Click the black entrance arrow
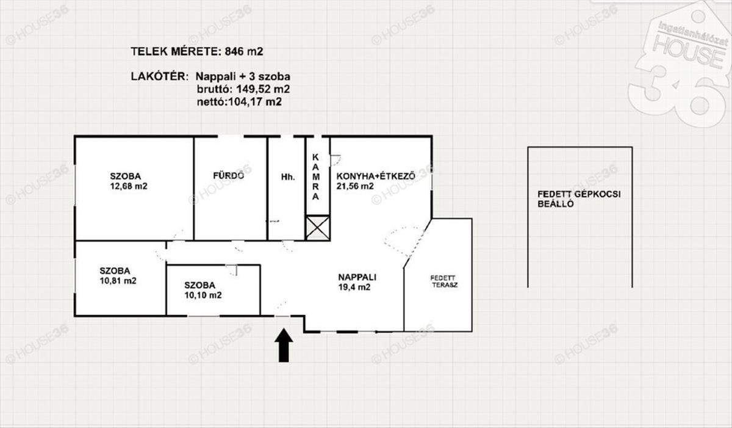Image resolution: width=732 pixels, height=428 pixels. pyautogui.click(x=284, y=346)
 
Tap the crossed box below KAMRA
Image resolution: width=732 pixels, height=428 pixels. pyautogui.click(x=318, y=228)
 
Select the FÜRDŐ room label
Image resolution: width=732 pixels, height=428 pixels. pyautogui.click(x=228, y=176)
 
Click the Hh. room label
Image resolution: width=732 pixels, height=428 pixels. pyautogui.click(x=288, y=177)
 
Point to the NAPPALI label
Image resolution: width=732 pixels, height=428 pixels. pyautogui.click(x=357, y=277)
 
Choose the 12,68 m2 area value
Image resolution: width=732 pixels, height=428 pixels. pyautogui.click(x=129, y=186)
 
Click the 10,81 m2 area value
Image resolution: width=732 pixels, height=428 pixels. pyautogui.click(x=118, y=280)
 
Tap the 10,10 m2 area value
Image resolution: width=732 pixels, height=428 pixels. pyautogui.click(x=203, y=296)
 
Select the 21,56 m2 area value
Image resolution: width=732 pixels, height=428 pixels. pyautogui.click(x=355, y=186)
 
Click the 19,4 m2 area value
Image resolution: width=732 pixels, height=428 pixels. pyautogui.click(x=354, y=287)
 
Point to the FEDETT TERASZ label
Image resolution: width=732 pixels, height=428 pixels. pyautogui.click(x=444, y=281)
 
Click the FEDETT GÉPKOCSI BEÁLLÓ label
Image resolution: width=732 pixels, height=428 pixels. pyautogui.click(x=579, y=199)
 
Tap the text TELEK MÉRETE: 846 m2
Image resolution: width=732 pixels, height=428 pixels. pyautogui.click(x=196, y=52)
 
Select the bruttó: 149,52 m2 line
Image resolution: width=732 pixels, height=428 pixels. pyautogui.click(x=243, y=89)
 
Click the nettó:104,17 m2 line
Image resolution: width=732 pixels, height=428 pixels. pyautogui.click(x=239, y=102)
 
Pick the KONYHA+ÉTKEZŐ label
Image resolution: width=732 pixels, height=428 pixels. pyautogui.click(x=376, y=176)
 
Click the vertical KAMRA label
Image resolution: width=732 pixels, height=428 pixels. pyautogui.click(x=316, y=177)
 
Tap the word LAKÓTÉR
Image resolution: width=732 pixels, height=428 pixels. pyautogui.click(x=159, y=76)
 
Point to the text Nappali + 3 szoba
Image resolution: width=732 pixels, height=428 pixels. pyautogui.click(x=243, y=76)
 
